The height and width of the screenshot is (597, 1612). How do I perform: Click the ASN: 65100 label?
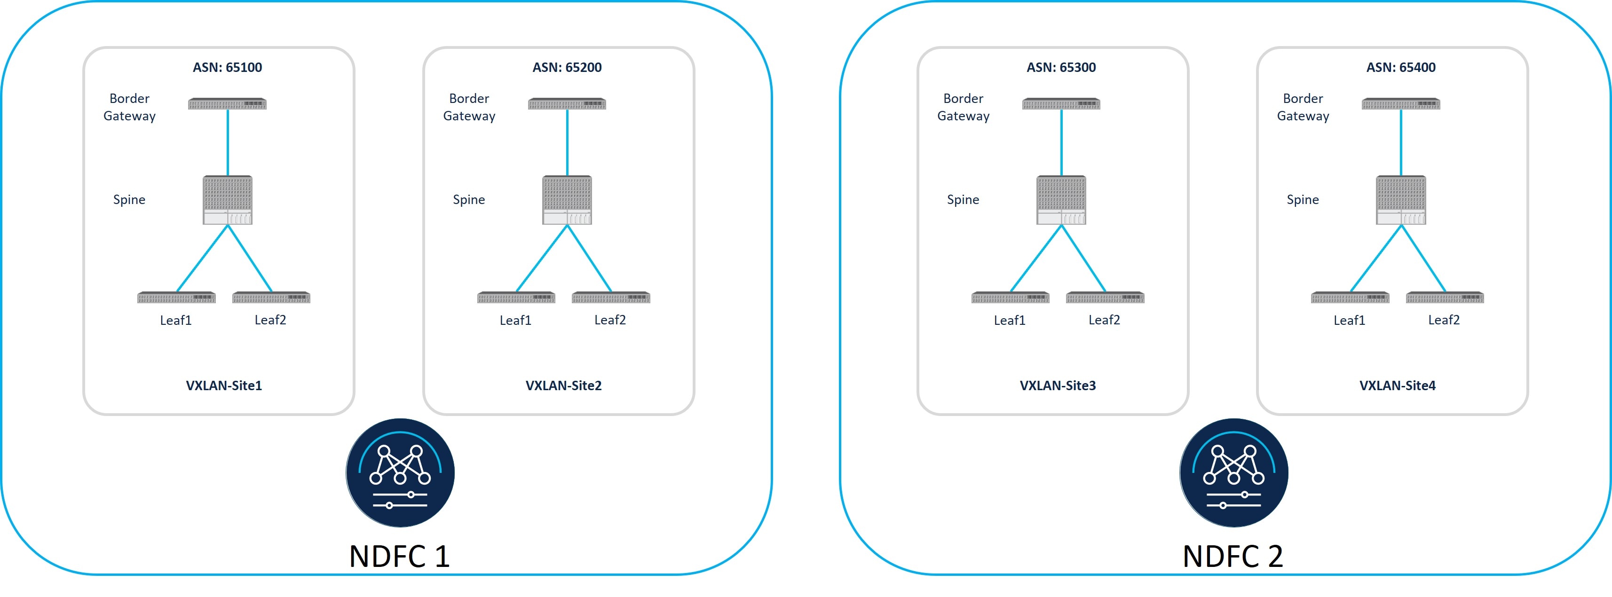[227, 67]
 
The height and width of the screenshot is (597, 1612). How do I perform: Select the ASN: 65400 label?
[1400, 67]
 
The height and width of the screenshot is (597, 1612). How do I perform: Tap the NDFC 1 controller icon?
[400, 472]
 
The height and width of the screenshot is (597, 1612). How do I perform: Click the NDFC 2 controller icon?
[1233, 472]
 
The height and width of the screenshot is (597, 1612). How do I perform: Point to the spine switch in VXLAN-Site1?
[228, 200]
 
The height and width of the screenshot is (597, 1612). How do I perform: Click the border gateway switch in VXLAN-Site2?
[567, 104]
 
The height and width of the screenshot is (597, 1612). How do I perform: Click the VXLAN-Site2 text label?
[563, 385]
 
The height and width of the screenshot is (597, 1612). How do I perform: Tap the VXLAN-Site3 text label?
[1058, 385]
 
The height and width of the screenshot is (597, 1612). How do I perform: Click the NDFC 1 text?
[399, 556]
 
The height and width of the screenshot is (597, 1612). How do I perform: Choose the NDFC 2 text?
[1233, 556]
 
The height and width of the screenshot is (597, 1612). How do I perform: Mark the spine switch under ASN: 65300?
[1061, 200]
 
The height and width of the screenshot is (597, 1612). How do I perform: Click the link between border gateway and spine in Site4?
[1400, 143]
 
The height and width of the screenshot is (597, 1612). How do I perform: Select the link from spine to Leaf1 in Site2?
[542, 258]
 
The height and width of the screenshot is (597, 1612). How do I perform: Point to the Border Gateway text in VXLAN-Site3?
[963, 107]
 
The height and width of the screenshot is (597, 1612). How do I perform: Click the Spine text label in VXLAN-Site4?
[1302, 200]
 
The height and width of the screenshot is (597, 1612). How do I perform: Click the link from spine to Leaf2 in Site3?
[1083, 258]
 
